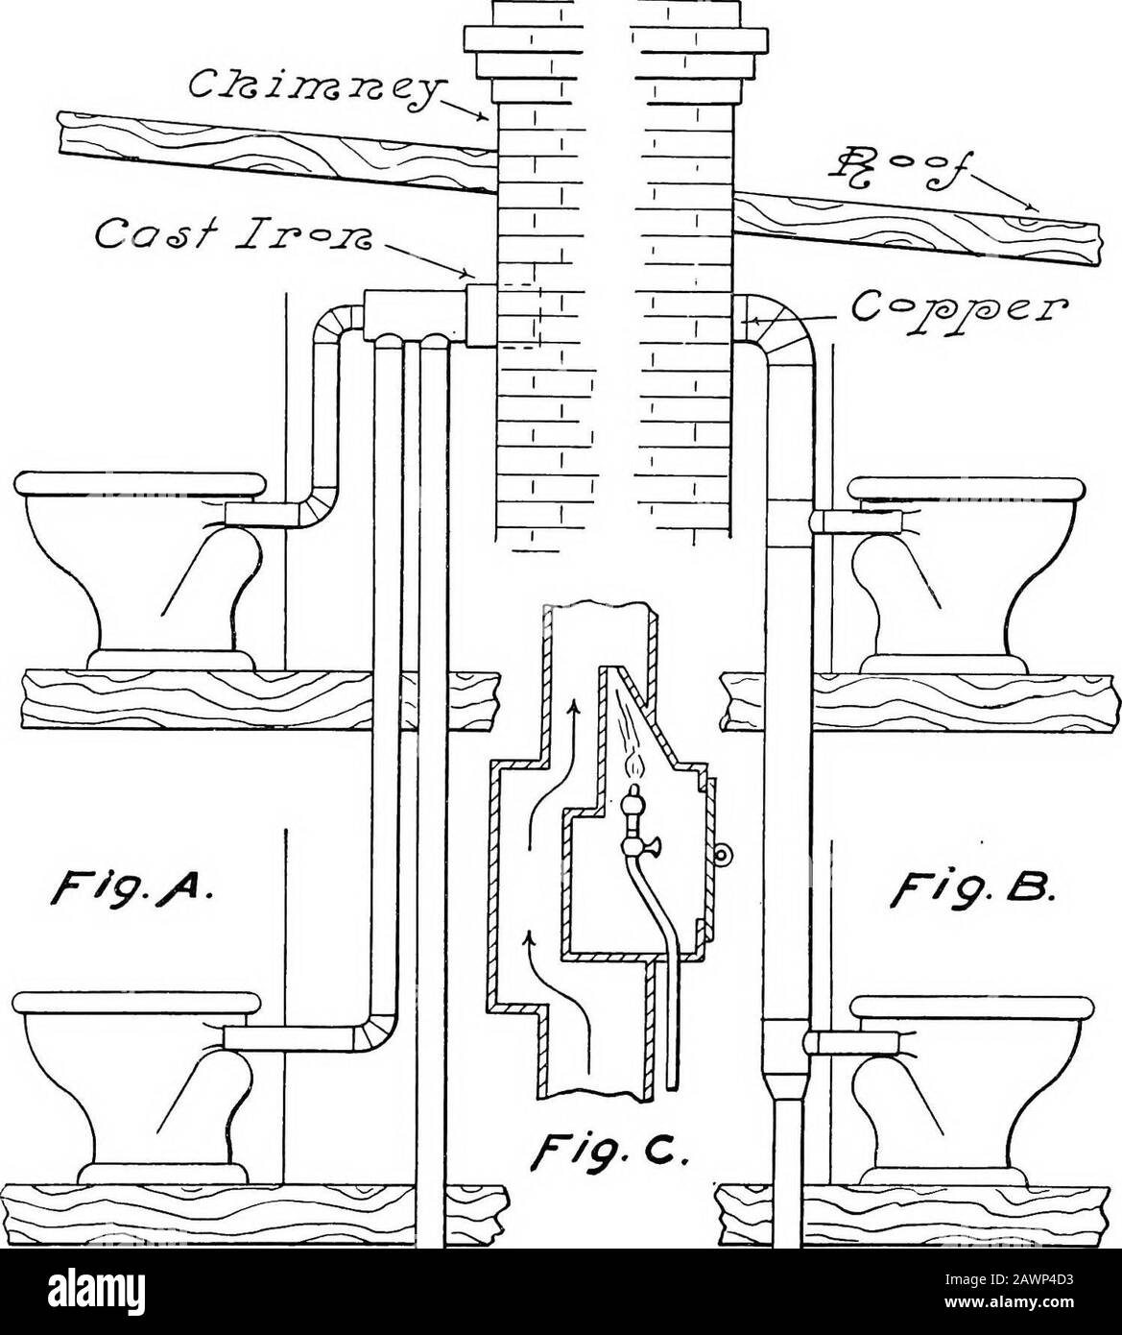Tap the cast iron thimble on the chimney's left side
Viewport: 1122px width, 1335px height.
[x=481, y=316]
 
